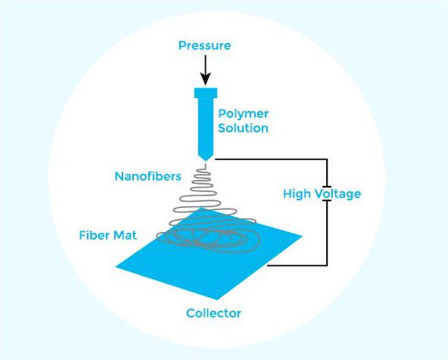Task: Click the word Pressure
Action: pos(204,45)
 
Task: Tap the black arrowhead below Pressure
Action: pos(206,79)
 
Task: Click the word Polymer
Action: pos(243,114)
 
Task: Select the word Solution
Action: pos(243,128)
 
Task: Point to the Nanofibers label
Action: pos(148,176)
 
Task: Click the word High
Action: pos(297,194)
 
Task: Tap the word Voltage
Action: pos(338,194)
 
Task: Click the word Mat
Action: pos(125,235)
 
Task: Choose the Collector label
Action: pos(214,313)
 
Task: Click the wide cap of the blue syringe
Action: pos(206,93)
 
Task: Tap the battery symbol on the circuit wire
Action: pos(327,194)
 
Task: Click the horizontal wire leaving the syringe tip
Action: pos(271,159)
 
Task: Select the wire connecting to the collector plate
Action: pos(297,265)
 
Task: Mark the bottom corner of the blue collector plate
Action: pos(218,300)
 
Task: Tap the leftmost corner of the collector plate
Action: pos(115,267)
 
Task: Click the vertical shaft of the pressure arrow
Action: pos(206,65)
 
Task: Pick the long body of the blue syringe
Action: pos(206,126)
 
